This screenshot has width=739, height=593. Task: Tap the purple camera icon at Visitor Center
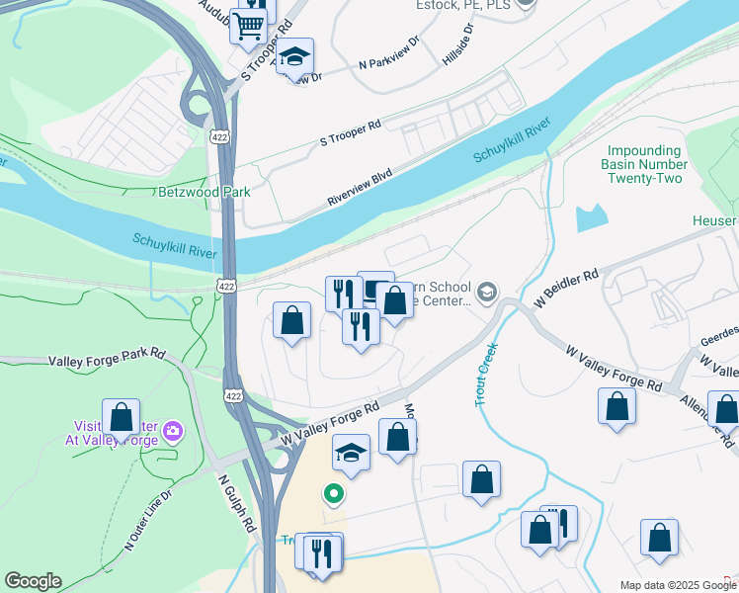tap(174, 430)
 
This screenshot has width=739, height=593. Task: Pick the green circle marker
tap(334, 493)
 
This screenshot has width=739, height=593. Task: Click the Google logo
tap(33, 581)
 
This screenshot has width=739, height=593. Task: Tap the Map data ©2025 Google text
tap(678, 585)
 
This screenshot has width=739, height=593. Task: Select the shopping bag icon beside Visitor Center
tap(121, 416)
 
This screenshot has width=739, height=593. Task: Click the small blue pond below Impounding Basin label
tap(591, 216)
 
